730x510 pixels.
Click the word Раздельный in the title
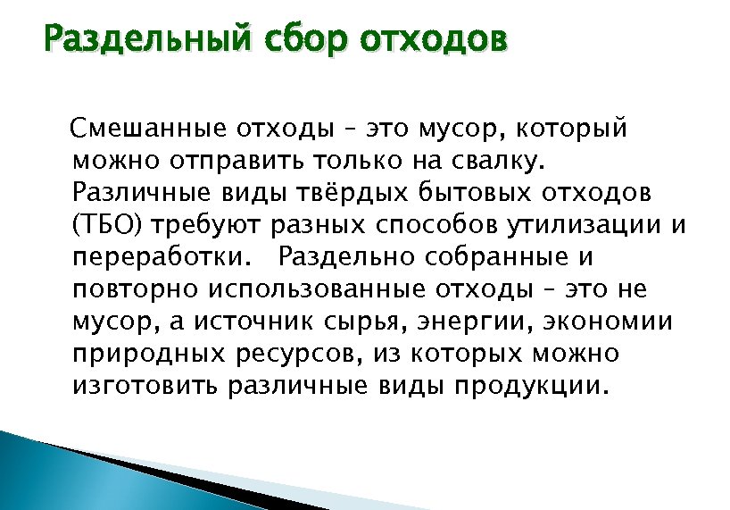(146, 40)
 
